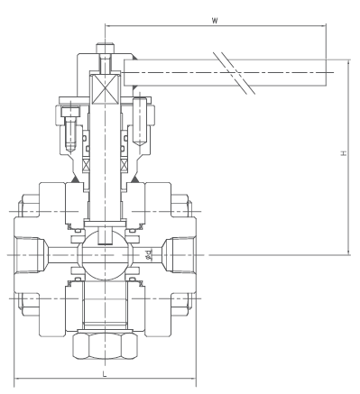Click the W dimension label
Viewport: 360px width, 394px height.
coord(215,21)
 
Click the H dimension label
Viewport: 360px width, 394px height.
coord(344,153)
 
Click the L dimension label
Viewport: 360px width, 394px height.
coord(105,374)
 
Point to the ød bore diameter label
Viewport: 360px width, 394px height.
coord(149,254)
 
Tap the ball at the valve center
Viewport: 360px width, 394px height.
coord(105,255)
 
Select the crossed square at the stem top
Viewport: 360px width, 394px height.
coord(105,89)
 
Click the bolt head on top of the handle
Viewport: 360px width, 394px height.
coord(106,48)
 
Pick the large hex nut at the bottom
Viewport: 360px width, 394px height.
coord(105,345)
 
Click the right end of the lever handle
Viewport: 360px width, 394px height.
coord(326,73)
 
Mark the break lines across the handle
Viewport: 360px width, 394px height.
coord(235,73)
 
